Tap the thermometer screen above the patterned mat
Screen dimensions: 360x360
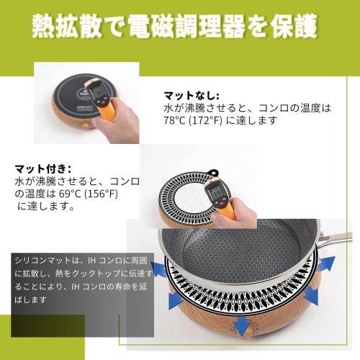[215, 192]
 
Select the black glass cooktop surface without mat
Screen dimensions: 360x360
[68, 94]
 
